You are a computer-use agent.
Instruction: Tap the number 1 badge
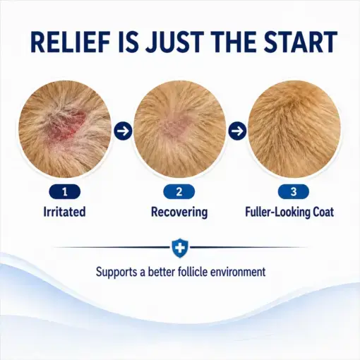tap(65, 192)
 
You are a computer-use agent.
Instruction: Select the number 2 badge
tap(179, 192)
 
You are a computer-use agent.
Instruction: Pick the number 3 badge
tap(294, 192)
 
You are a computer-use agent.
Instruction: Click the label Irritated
tap(64, 212)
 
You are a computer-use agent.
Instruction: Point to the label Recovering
tap(179, 212)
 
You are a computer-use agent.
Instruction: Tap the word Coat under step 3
tap(323, 212)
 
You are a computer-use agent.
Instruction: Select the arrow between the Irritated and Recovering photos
tap(123, 131)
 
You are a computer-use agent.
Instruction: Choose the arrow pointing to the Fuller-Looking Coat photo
tap(237, 131)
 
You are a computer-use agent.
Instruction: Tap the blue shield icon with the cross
tap(180, 248)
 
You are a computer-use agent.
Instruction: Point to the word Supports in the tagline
tap(116, 272)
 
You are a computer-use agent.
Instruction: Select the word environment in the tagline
tap(238, 272)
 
